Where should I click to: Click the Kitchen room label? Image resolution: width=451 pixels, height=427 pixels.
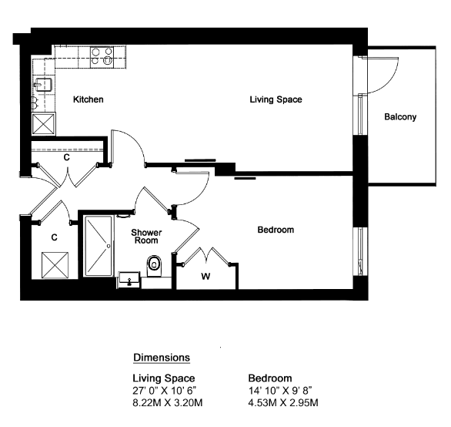coord(88,99)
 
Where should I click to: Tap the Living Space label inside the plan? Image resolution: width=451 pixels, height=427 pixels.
coord(276,99)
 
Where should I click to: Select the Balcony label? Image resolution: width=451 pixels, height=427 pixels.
coord(400,117)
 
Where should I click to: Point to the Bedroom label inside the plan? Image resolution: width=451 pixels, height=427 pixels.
coord(276,230)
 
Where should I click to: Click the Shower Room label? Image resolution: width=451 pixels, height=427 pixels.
coord(146,237)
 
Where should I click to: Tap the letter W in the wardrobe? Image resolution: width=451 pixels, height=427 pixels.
coord(205,277)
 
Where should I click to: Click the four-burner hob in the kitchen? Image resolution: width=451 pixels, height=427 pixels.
coord(102,57)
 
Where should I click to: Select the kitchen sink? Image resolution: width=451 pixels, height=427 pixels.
coord(43,85)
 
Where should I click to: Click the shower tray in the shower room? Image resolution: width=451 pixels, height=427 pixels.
coord(98,246)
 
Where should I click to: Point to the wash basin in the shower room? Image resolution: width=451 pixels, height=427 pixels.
coord(129,280)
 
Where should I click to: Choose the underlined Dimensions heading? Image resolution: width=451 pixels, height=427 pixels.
coord(162,358)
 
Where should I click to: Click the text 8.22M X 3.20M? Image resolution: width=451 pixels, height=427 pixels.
coord(168,402)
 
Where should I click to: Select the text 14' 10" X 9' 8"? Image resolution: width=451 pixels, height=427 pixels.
coord(280,391)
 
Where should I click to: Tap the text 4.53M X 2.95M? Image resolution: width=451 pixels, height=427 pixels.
coord(283,402)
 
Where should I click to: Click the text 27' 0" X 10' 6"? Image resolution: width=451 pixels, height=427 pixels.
coord(164,391)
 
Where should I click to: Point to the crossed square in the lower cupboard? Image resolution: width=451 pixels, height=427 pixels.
coord(55,265)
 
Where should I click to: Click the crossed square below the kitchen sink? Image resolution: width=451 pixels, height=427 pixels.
coord(43,123)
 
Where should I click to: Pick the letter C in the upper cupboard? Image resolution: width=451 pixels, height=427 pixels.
coord(67,157)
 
